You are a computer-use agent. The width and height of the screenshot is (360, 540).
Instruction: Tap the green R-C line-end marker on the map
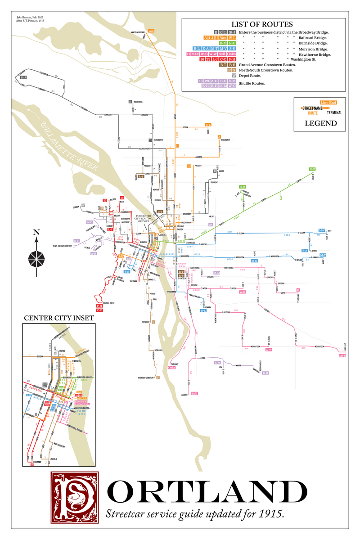point(312,169)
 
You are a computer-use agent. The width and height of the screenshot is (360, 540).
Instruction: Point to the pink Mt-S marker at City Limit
point(342,355)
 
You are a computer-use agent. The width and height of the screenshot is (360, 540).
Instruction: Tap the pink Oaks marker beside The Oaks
point(171,367)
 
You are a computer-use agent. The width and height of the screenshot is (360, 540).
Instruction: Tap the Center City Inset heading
point(58,318)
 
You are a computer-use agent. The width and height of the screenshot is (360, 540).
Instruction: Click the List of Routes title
point(263,24)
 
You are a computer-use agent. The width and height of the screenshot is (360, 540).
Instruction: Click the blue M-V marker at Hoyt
point(321,230)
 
